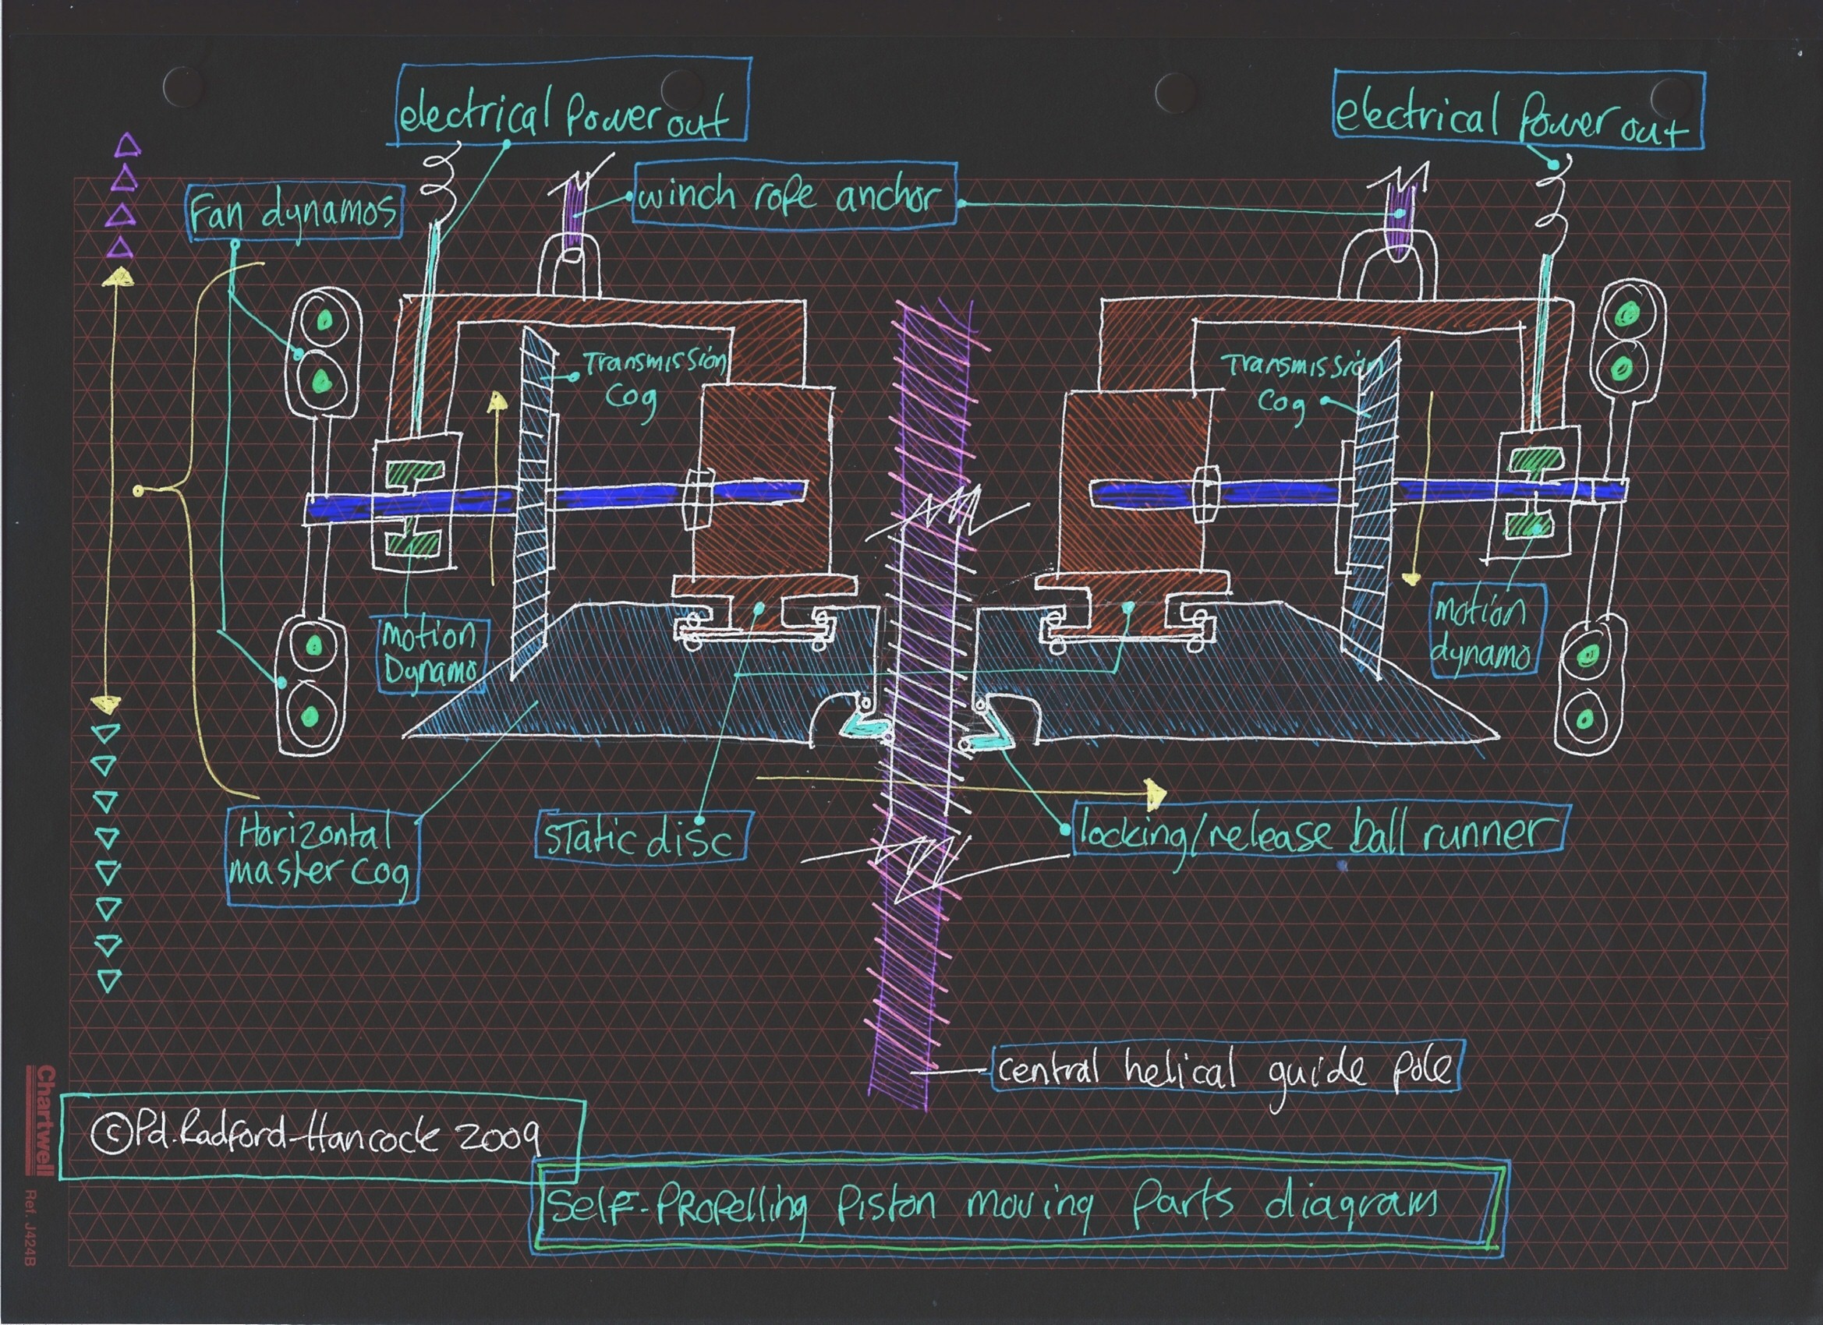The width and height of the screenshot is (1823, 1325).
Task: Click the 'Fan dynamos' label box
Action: tap(294, 213)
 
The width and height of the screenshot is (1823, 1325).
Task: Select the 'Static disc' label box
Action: tap(641, 838)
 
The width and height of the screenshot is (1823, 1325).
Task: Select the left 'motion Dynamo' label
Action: tap(431, 653)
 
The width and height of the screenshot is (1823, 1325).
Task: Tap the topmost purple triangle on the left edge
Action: tap(129, 146)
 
